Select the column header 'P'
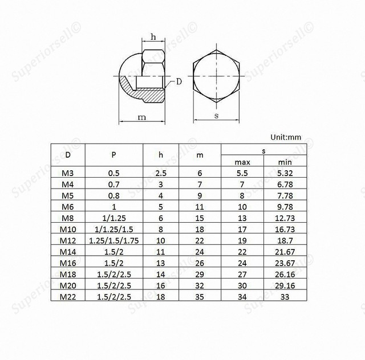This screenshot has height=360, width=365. click(113, 154)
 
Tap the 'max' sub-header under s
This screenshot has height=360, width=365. click(242, 162)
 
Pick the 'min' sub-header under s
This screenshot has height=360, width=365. click(285, 162)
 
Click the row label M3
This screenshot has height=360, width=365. click(67, 172)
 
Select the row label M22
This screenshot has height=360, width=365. click(67, 297)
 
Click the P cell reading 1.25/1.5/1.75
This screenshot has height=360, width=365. click(113, 240)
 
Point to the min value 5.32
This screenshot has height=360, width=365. click(285, 172)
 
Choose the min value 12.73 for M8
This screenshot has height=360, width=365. click(285, 218)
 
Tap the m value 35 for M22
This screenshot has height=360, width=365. click(200, 297)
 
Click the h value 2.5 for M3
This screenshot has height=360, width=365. click(161, 172)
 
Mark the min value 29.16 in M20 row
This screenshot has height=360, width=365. click(285, 285)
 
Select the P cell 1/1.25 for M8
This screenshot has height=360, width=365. click(113, 218)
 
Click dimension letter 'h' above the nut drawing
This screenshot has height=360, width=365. click(153, 37)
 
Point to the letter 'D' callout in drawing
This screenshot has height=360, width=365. click(179, 82)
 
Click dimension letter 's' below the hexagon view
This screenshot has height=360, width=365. click(216, 116)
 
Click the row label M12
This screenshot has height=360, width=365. click(67, 240)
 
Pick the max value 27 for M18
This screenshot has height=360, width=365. click(242, 274)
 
